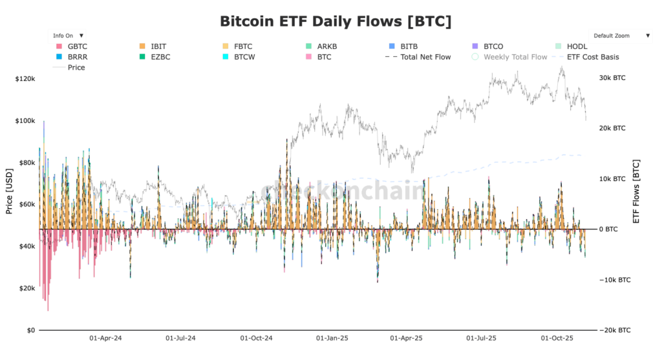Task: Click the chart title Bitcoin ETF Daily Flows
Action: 336,21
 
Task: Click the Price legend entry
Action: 76,67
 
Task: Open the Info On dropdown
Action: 68,36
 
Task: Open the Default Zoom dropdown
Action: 620,36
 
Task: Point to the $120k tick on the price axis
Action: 25,79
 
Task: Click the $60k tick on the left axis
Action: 27,205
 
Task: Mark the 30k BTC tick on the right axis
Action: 612,78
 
